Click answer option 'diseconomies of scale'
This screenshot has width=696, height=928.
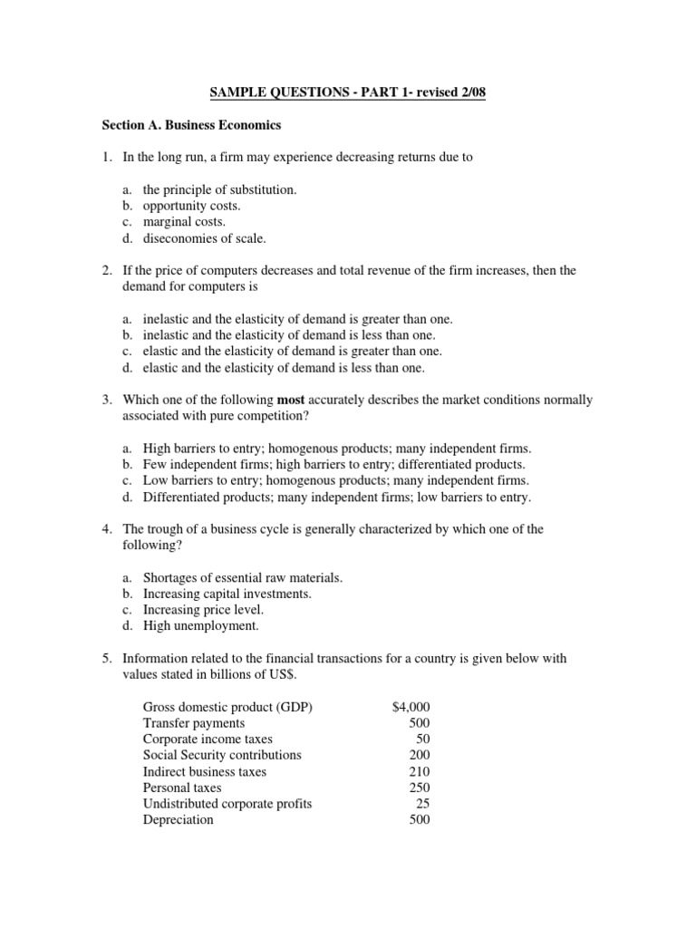pyautogui.click(x=205, y=239)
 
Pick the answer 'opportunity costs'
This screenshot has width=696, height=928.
pyautogui.click(x=190, y=207)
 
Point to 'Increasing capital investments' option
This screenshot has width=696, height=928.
pyautogui.click(x=227, y=594)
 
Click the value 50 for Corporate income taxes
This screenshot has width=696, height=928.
pyautogui.click(x=422, y=739)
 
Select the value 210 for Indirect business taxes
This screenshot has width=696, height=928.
pyautogui.click(x=420, y=772)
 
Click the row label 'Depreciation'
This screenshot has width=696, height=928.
pyautogui.click(x=179, y=820)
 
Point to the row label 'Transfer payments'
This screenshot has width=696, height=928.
pyautogui.click(x=193, y=723)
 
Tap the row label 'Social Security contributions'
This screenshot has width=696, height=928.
pyautogui.click(x=222, y=756)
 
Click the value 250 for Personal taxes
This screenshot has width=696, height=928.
pyautogui.click(x=420, y=788)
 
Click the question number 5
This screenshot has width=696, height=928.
pyautogui.click(x=106, y=659)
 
